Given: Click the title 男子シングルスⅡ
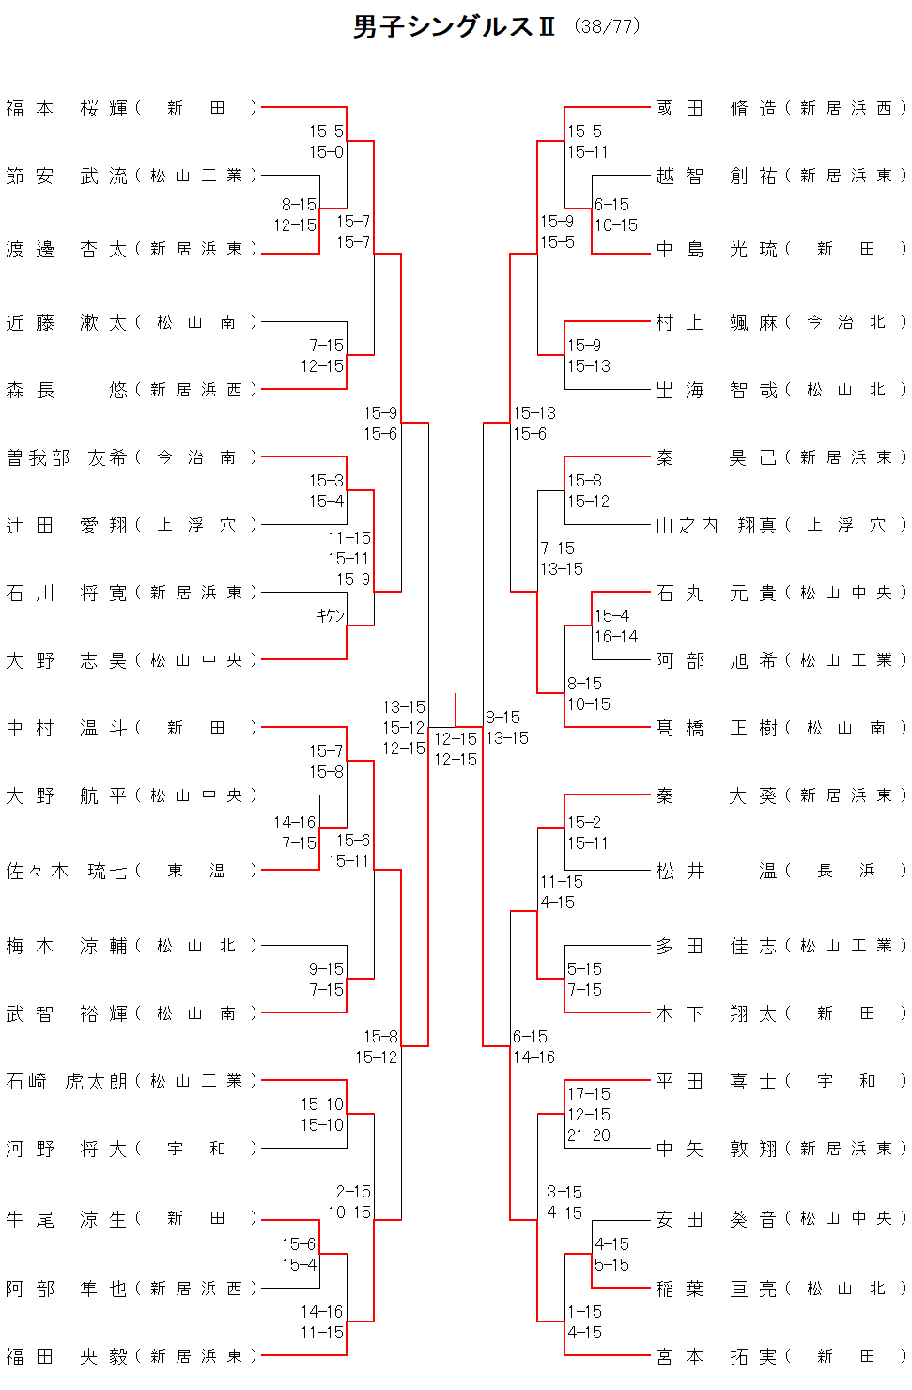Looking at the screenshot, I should [454, 26].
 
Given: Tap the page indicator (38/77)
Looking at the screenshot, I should [607, 26].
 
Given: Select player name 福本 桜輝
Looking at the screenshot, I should [67, 108].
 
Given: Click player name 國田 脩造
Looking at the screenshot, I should [716, 108].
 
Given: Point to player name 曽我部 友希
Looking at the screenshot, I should [67, 457].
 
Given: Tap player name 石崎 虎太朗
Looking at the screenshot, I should [67, 1081].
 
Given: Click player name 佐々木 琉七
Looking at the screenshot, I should [67, 871].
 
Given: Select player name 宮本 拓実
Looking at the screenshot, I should [716, 1355].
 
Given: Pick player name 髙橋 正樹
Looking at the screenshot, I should [716, 728].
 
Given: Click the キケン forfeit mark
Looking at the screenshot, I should [331, 615].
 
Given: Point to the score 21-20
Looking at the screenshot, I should [588, 1135].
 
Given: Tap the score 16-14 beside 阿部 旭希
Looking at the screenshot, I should [616, 636].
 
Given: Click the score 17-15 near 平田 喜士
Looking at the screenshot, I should [588, 1093].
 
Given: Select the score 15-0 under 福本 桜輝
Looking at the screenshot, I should [326, 151].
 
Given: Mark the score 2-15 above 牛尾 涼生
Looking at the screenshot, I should [353, 1191].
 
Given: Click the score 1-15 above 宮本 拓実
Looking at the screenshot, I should [584, 1311].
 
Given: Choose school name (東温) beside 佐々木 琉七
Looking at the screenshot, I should [195, 871].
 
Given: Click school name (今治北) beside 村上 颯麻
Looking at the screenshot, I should [845, 322].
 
